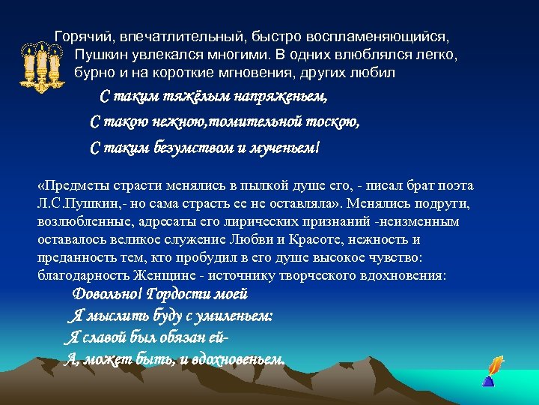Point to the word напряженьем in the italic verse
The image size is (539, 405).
click(281, 97)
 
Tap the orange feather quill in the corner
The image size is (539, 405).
click(494, 365)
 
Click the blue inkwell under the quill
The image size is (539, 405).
click(488, 381)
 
